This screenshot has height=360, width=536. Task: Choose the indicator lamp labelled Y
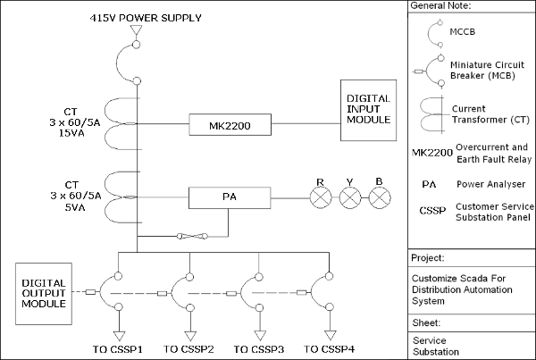click(x=349, y=197)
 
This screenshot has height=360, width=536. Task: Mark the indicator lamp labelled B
click(x=380, y=197)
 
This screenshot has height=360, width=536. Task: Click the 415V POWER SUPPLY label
click(x=146, y=18)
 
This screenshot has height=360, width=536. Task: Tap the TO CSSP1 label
click(x=119, y=348)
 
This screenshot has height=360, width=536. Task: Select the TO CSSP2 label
click(x=188, y=348)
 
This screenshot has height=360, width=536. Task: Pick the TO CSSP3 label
click(x=259, y=348)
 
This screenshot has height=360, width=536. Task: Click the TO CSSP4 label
click(x=330, y=348)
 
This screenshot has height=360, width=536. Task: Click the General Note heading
click(x=440, y=6)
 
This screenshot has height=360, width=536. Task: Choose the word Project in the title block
click(x=428, y=258)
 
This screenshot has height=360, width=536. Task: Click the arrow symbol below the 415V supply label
click(x=136, y=32)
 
